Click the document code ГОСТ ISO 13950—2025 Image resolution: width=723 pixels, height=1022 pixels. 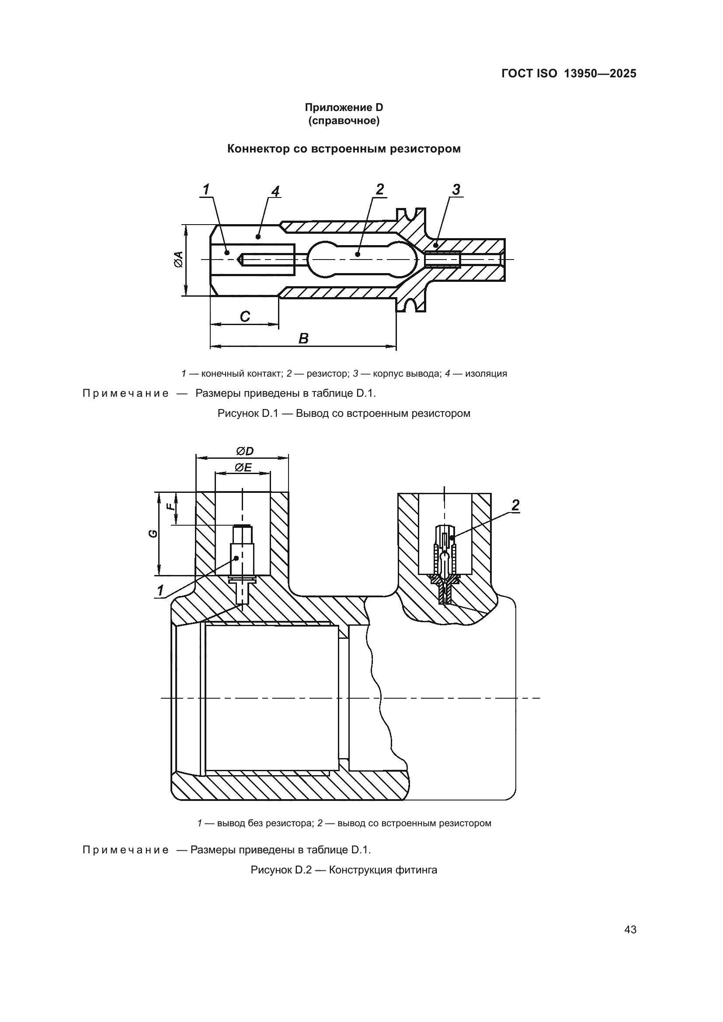tap(569, 73)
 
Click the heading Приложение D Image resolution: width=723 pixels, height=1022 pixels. tap(344, 107)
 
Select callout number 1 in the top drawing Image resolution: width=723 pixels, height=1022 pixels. tap(206, 190)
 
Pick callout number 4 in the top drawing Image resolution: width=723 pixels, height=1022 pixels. tap(275, 191)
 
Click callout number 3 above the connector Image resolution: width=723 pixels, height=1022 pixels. tap(456, 189)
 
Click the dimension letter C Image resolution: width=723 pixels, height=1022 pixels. tap(244, 316)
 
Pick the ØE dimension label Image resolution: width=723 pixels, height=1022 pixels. tap(243, 468)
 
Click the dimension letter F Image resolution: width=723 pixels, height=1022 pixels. tap(169, 506)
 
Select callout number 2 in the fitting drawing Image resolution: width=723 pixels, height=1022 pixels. tap(515, 505)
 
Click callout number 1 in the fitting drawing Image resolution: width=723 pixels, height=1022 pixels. tap(160, 591)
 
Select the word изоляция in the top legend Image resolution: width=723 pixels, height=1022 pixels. tap(486, 374)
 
